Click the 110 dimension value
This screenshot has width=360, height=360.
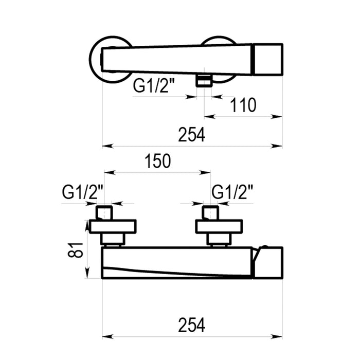click(243, 105)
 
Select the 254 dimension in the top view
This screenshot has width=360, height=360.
click(191, 135)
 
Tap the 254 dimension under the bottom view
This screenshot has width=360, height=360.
click(191, 325)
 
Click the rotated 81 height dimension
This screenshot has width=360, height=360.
click(75, 250)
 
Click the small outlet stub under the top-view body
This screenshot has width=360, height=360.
click(204, 80)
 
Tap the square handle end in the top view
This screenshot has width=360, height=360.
click(268, 59)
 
